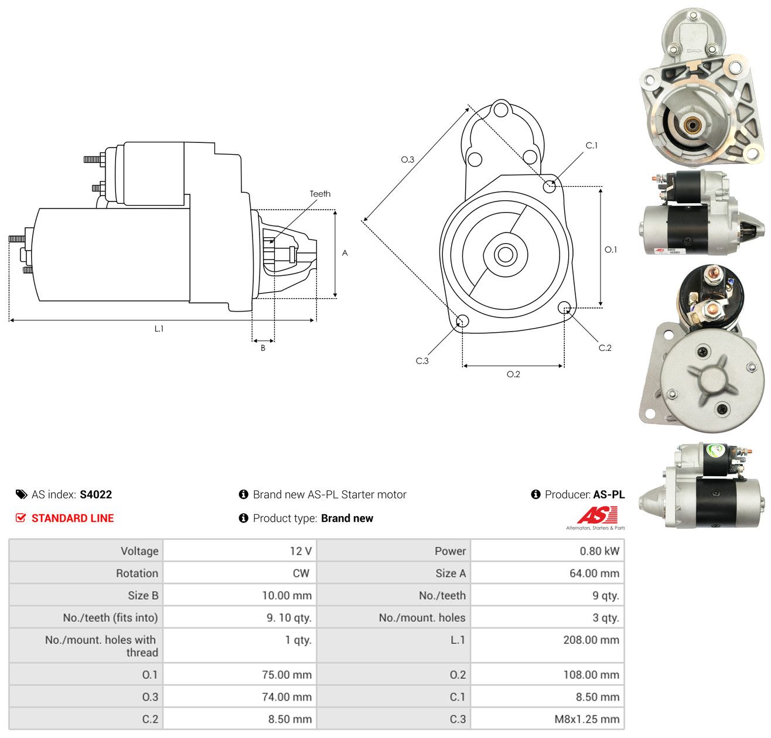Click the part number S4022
95,494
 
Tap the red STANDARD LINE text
73,518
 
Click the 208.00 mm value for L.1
591,640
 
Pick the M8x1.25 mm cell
587,719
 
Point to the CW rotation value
301,573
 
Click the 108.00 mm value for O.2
591,675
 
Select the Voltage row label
139,551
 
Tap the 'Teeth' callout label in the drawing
320,194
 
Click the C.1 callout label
591,145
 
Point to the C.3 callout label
422,360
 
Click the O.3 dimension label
407,159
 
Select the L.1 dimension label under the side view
159,329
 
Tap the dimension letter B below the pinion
262,348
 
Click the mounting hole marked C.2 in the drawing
564,307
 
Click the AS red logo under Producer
597,515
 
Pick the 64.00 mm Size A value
594,573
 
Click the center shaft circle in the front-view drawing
505,255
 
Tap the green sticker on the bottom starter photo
714,451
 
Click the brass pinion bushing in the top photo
692,125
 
